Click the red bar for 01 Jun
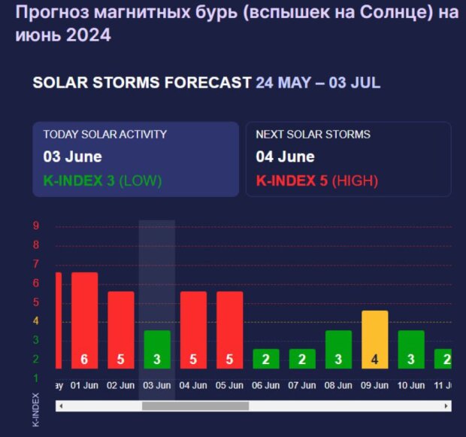[84, 320]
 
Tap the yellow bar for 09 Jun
[374, 339]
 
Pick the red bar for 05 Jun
[229, 329]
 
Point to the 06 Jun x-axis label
[266, 385]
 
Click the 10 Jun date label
[411, 385]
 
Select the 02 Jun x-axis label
[120, 385]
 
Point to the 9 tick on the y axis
[36, 226]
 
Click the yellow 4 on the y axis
[36, 321]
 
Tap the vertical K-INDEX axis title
[35, 409]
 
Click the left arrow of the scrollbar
[61, 406]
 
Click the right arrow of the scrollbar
[446, 406]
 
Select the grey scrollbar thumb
[195, 406]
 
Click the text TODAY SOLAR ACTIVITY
[104, 135]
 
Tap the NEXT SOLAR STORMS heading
[313, 135]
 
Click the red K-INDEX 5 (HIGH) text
[316, 181]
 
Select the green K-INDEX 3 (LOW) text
[102, 181]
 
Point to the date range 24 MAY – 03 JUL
[317, 83]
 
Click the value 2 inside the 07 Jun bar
[302, 360]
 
